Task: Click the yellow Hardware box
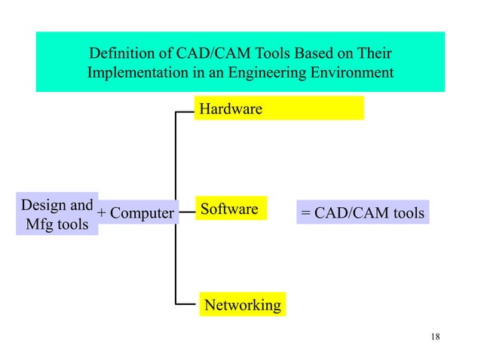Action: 279,108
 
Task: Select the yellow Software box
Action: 230,209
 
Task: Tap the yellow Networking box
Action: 242,305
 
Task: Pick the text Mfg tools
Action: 57,224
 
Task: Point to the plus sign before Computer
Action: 103,214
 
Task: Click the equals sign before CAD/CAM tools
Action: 305,214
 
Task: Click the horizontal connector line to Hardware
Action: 185,111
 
